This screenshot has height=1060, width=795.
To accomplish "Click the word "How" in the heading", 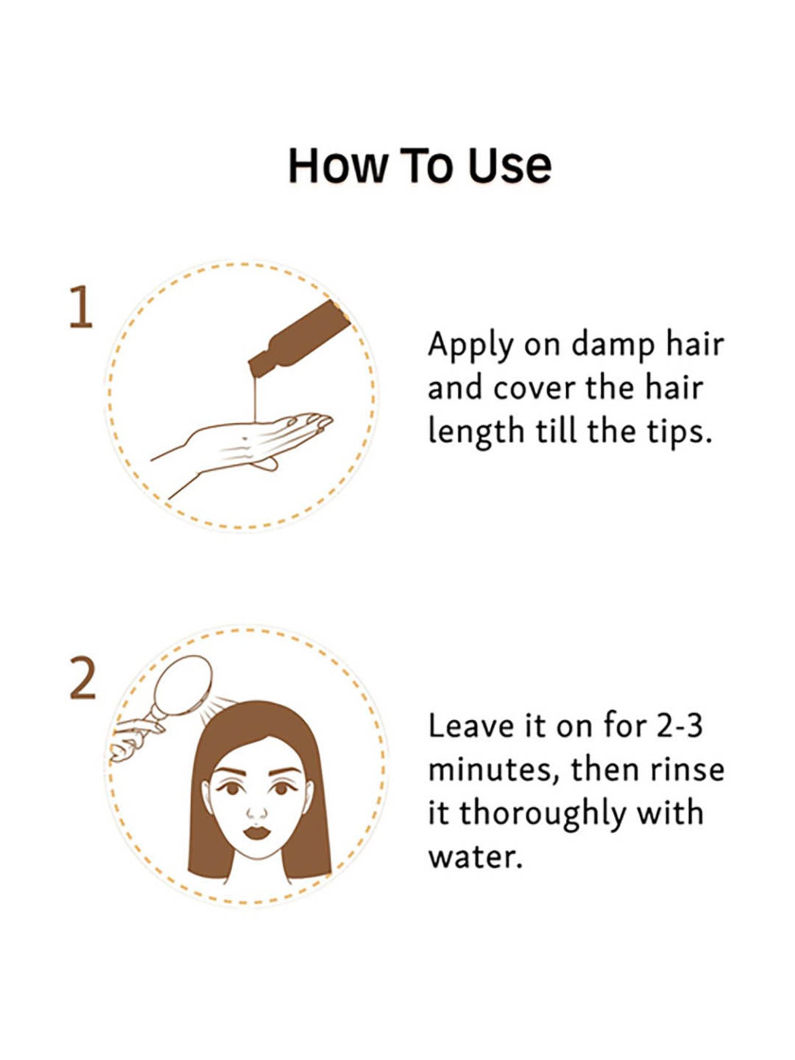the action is pyautogui.click(x=338, y=165).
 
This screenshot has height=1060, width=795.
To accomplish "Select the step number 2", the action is pyautogui.click(x=83, y=679).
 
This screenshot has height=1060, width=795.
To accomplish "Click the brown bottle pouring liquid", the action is pyautogui.click(x=299, y=337).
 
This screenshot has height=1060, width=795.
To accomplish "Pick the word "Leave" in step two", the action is pyautogui.click(x=471, y=725).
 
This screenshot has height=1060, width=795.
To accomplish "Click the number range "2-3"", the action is pyautogui.click(x=679, y=725).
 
